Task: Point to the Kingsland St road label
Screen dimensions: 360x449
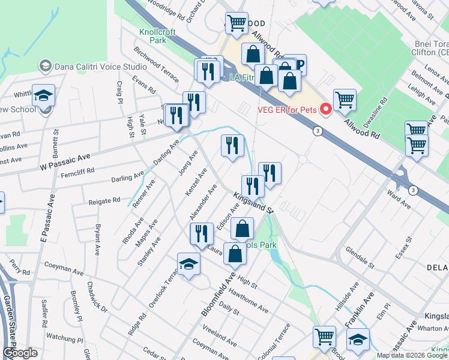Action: (x=253, y=202)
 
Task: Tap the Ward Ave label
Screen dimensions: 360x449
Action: (x=399, y=200)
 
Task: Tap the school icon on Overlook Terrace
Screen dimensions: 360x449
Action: (x=188, y=265)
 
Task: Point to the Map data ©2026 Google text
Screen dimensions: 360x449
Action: (x=412, y=355)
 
